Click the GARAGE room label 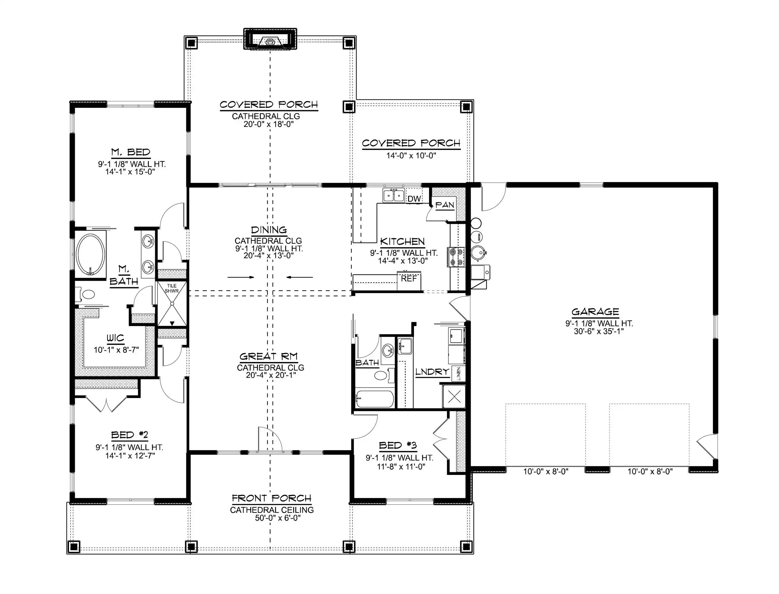595,312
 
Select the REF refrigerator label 409,279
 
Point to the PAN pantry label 444,205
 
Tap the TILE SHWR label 171,288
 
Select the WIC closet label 115,338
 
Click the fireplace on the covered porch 270,39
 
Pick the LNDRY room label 432,372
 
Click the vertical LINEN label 459,374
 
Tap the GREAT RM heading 268,356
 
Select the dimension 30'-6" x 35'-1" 599,331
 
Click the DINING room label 269,230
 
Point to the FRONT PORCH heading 272,498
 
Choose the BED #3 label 398,445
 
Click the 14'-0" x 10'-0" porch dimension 411,155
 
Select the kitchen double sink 394,195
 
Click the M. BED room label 130,152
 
